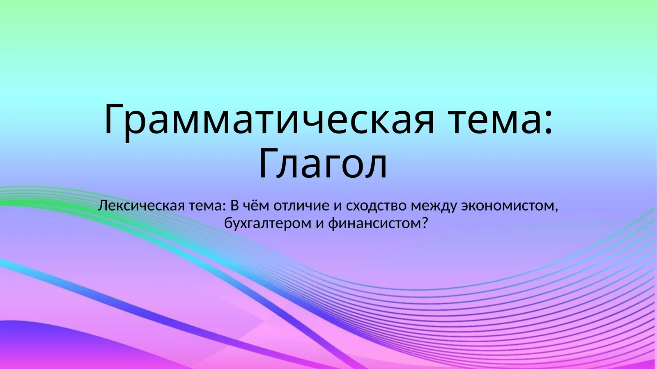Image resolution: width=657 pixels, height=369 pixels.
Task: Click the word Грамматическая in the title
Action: coord(269,119)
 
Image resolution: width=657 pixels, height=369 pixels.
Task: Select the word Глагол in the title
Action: coord(323,164)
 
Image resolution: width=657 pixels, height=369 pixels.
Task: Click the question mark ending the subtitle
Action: coord(425,223)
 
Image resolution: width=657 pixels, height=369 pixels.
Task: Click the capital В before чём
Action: coord(234,205)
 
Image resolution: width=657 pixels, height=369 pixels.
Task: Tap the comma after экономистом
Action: coord(556,210)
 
